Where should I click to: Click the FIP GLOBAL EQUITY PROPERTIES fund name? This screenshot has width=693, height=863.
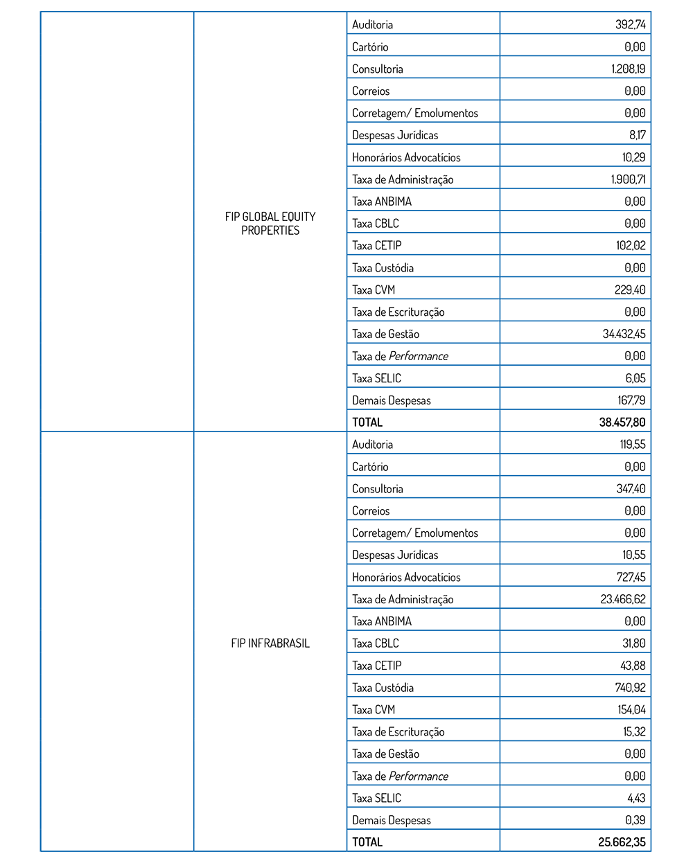(x=270, y=223)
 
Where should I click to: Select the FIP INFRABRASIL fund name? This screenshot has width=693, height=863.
(x=270, y=643)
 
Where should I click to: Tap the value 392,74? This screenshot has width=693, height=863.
(x=630, y=25)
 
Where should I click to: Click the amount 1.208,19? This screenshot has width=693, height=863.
(x=628, y=69)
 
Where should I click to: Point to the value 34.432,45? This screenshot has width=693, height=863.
(x=624, y=334)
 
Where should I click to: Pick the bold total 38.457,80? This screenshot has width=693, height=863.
(x=622, y=422)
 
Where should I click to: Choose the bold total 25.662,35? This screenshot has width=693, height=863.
(x=622, y=842)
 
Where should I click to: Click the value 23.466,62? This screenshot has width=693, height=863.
(x=622, y=599)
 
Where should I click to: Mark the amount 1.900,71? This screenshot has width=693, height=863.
(x=628, y=179)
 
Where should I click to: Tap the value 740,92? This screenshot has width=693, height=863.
(x=630, y=688)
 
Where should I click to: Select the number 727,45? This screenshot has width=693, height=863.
(x=631, y=577)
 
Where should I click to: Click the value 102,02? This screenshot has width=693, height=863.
(x=630, y=246)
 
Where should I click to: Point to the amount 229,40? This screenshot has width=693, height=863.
(x=630, y=290)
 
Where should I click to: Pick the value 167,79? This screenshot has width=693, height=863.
(x=631, y=400)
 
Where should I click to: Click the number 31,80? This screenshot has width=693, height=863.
(x=633, y=643)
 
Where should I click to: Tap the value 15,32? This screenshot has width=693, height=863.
(x=634, y=732)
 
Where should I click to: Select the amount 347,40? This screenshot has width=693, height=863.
(x=631, y=489)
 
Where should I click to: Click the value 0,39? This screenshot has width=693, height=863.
(x=635, y=820)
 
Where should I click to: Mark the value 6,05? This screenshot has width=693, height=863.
(x=635, y=378)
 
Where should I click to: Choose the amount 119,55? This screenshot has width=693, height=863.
(x=632, y=445)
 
